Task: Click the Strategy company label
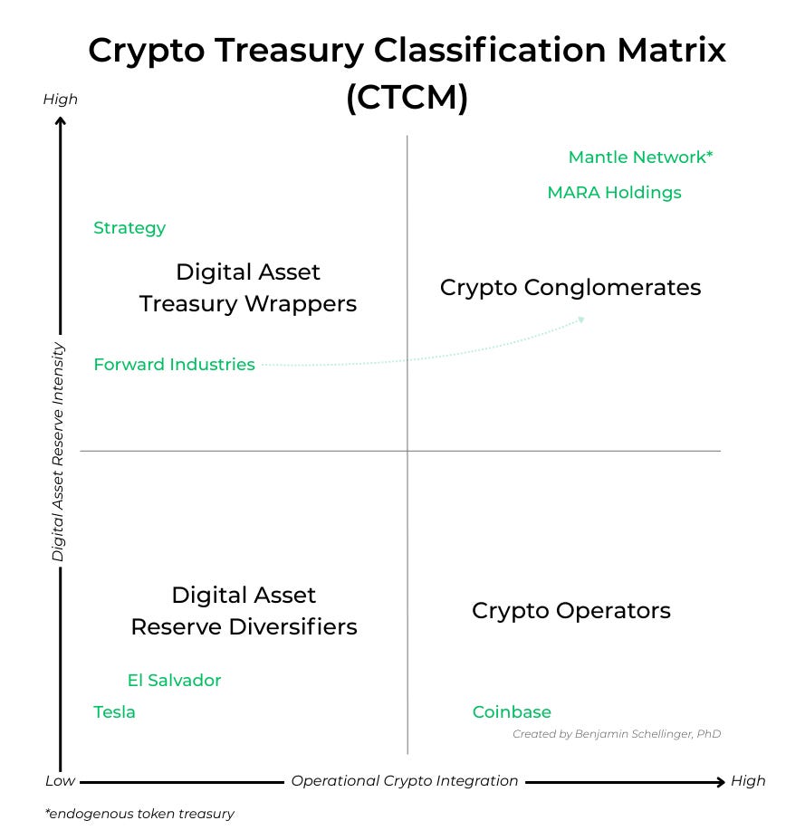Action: [129, 228]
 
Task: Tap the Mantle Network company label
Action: [640, 157]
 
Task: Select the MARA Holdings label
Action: [614, 193]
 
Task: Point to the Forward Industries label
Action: [174, 365]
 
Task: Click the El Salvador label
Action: [174, 681]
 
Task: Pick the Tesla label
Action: [114, 712]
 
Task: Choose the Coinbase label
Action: [512, 712]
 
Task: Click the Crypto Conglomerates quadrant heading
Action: [570, 288]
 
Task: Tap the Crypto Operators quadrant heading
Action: [570, 611]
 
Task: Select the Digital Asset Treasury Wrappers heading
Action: [248, 288]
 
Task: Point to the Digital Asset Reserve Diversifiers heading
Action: [244, 611]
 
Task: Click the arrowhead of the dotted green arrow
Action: [581, 319]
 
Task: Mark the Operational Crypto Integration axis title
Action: [404, 781]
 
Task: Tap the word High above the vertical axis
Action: [61, 100]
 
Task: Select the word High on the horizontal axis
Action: [748, 781]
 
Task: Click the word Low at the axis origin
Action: [60, 781]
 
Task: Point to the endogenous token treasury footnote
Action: [139, 814]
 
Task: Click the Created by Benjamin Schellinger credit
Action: [617, 734]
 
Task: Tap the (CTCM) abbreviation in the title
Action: [407, 98]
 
